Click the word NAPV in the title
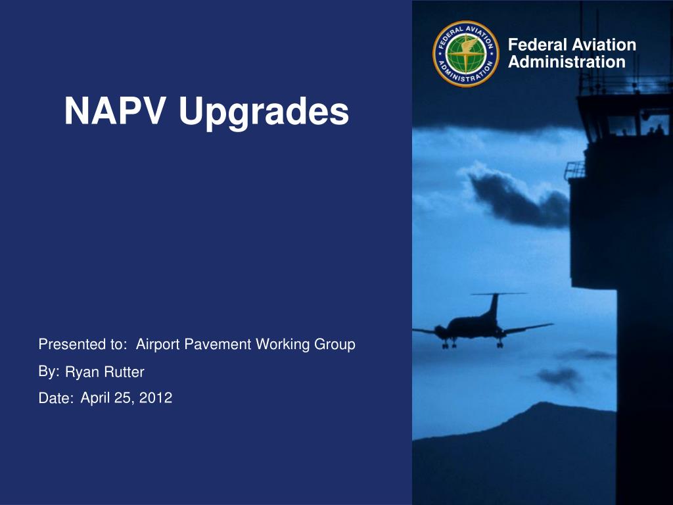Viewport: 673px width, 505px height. tap(114, 110)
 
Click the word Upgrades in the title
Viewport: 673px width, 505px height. tap(264, 113)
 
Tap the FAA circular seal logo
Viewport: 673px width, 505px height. tap(466, 54)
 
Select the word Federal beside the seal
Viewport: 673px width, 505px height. tap(538, 45)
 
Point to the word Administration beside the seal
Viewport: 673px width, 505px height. tap(567, 62)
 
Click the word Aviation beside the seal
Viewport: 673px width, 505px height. tap(604, 45)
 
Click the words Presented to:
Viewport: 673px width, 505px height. tap(83, 344)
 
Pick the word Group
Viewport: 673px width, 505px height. tap(335, 345)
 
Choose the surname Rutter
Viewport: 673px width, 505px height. tap(125, 372)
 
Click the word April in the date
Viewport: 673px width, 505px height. tap(95, 398)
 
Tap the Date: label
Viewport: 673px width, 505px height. tap(56, 398)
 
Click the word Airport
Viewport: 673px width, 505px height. tap(158, 345)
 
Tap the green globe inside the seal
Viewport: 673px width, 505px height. tap(466, 54)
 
